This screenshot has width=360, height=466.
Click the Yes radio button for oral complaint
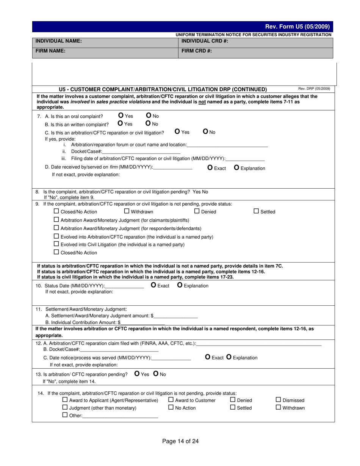[121, 116]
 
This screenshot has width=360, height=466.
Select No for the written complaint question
[148, 123]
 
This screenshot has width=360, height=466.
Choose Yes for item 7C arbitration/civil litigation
[177, 131]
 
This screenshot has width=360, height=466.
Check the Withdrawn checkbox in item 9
[127, 211]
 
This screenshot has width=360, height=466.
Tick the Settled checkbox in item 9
[256, 211]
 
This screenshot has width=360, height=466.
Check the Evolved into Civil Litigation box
[56, 244]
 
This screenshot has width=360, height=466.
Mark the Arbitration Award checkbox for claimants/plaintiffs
[56, 219]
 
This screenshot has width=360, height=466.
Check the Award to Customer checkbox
[171, 400]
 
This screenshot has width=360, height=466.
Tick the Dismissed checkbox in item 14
[278, 400]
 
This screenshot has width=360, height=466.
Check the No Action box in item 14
[171, 407]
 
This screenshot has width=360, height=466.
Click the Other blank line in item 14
[120, 416]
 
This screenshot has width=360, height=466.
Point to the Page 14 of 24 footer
[180, 441]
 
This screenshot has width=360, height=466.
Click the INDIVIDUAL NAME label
[58, 41]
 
